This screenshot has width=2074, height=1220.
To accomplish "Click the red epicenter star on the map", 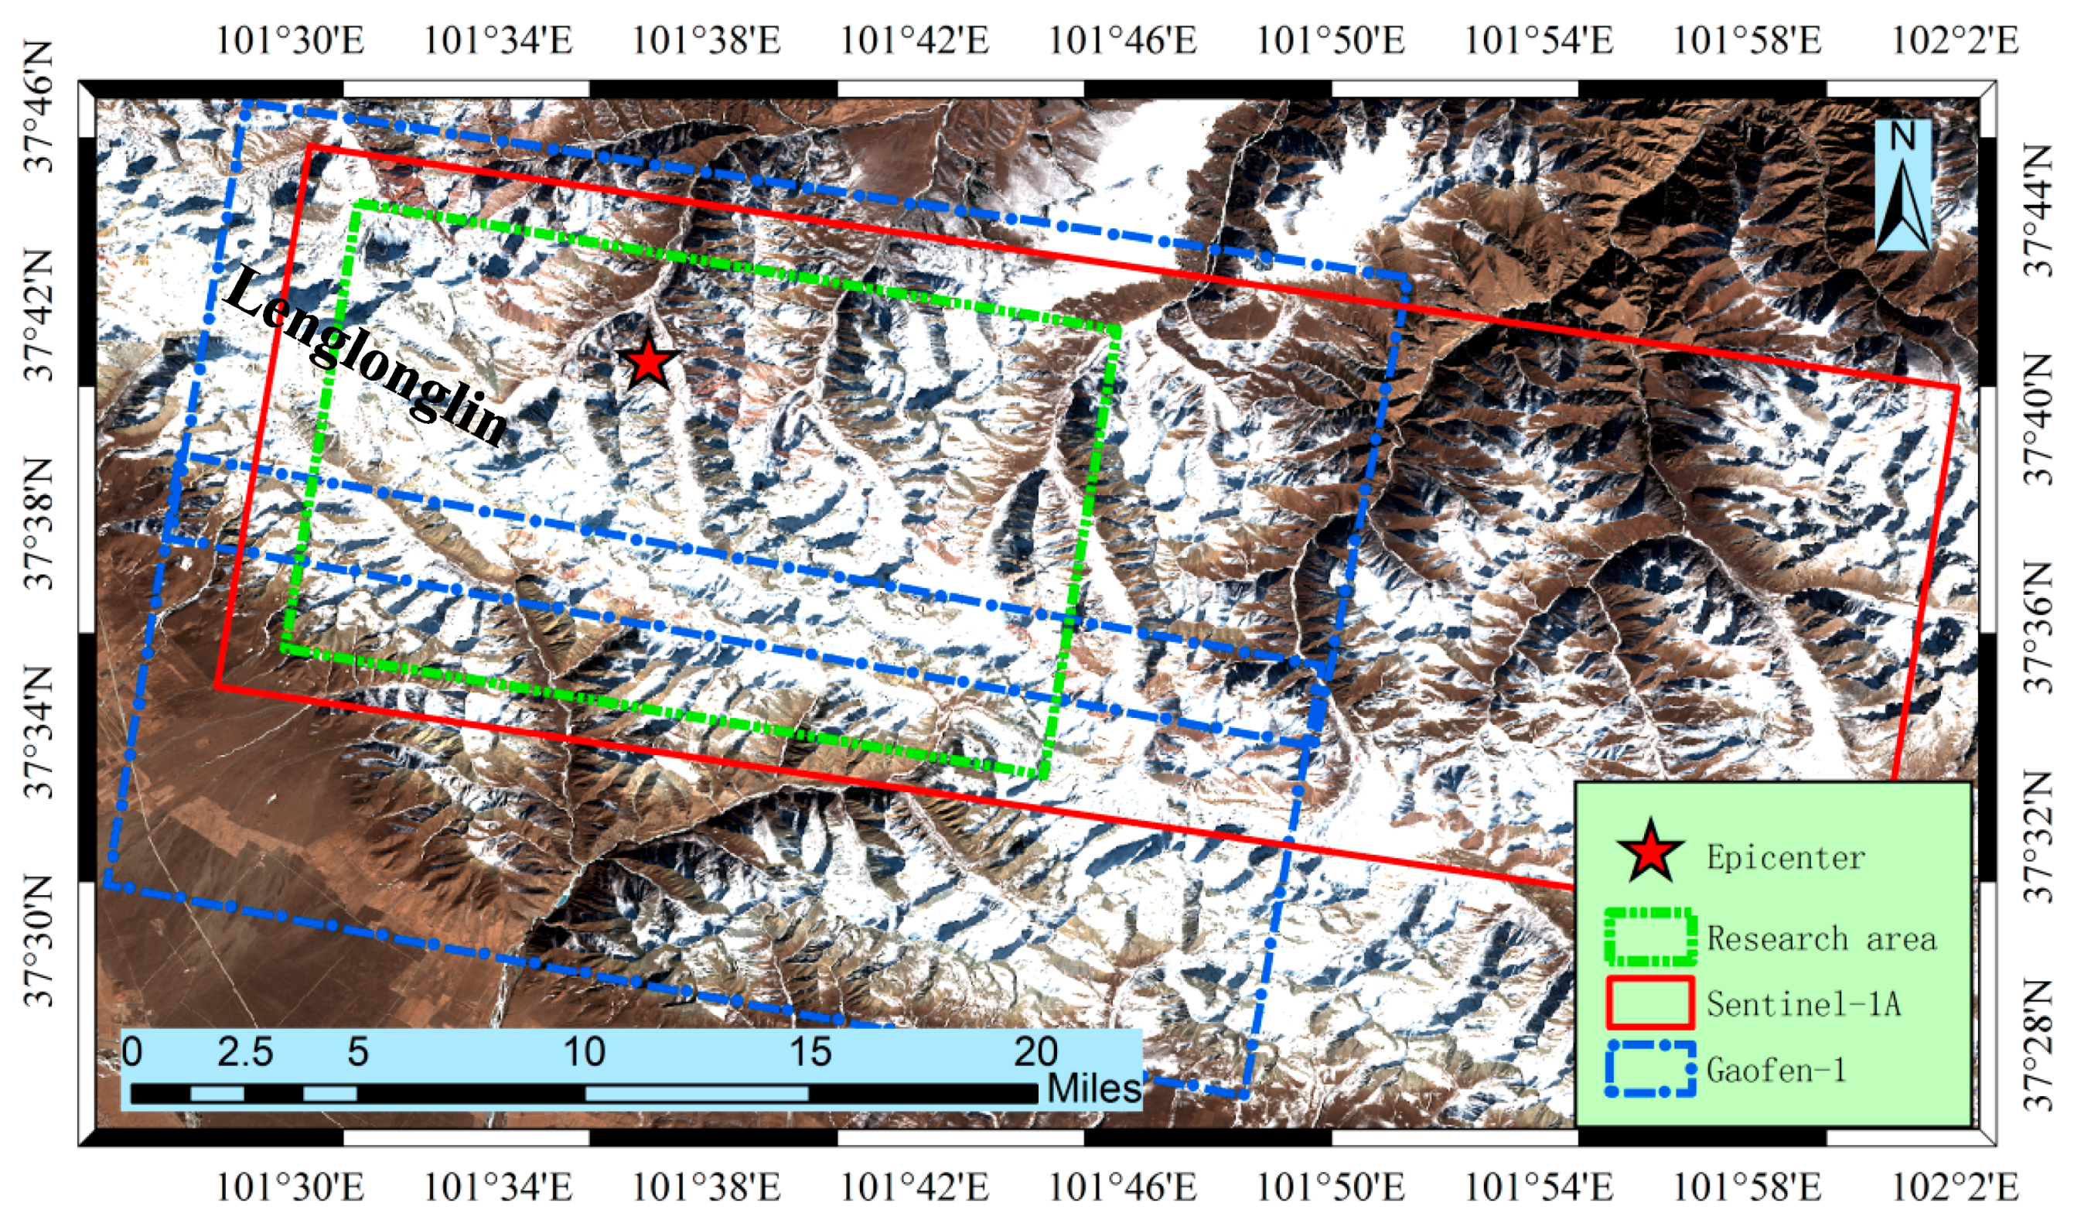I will coord(649,362).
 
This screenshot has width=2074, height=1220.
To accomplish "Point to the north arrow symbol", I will coord(1903,185).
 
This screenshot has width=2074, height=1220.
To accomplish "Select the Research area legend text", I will coord(1821,938).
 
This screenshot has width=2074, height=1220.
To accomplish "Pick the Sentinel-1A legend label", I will coord(1803,1003).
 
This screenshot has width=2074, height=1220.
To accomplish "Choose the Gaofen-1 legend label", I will coord(1776,1069).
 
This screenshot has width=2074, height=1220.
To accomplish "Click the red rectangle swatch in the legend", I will coord(1650,1003).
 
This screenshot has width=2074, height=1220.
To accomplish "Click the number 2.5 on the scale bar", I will coord(245,1052).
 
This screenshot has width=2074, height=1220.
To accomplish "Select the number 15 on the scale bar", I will coord(810,1052).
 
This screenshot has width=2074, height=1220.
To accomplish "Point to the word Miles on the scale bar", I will coord(1093,1089).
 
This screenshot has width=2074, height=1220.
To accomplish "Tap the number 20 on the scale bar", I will coord(1035,1052).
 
